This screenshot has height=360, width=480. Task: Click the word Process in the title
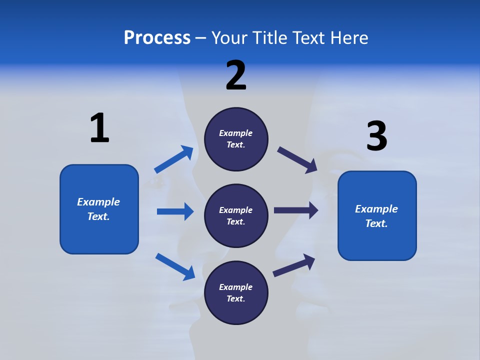pos(157,38)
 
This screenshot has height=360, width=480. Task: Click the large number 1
pos(99,128)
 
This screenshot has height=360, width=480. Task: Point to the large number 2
pos(236,75)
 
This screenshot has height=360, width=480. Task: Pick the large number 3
pos(376,136)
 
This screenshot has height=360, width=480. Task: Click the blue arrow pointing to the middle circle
pos(175,211)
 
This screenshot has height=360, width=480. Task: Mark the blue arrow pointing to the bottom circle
pos(175,266)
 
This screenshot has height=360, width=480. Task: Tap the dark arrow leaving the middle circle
pos(295,210)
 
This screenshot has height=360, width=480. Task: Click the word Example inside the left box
pos(98,202)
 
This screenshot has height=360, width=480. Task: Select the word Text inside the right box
pos(375,223)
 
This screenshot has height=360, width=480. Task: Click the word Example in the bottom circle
pos(236,287)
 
